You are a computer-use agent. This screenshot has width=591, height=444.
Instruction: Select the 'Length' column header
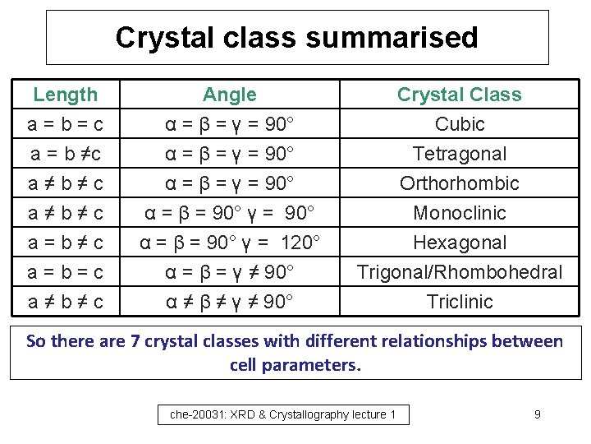[x=65, y=95]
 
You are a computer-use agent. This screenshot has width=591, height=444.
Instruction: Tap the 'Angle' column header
[x=229, y=95]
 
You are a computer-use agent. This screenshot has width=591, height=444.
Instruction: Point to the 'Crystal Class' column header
[x=459, y=95]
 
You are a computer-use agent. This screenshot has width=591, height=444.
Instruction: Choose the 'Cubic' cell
[x=460, y=124]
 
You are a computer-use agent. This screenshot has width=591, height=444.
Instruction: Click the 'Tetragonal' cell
[x=460, y=154]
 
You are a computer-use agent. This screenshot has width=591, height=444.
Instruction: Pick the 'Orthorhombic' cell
[x=460, y=183]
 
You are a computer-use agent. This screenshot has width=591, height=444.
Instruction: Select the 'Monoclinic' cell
[x=460, y=213]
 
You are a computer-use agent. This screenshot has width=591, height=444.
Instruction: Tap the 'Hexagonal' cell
[x=460, y=243]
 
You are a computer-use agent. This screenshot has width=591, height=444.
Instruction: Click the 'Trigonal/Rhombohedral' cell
[x=460, y=272]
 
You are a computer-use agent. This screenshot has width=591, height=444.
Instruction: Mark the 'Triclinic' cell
[x=460, y=302]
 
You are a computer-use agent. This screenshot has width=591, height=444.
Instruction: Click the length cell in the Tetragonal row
[x=65, y=154]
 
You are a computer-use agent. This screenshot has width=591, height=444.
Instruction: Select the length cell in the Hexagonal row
[x=65, y=243]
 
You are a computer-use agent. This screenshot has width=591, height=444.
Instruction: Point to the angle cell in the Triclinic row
[x=229, y=302]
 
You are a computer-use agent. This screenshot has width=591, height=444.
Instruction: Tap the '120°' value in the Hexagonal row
[x=296, y=243]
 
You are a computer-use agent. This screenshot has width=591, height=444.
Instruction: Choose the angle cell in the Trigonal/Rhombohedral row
[x=229, y=272]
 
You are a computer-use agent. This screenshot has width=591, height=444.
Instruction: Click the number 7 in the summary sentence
[x=135, y=341]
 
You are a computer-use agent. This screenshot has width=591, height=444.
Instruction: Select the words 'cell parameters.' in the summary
[x=295, y=364]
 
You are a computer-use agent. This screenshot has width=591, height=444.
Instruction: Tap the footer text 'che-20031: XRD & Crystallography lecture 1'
[x=283, y=415]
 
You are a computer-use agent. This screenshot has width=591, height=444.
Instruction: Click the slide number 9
[x=537, y=414]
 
